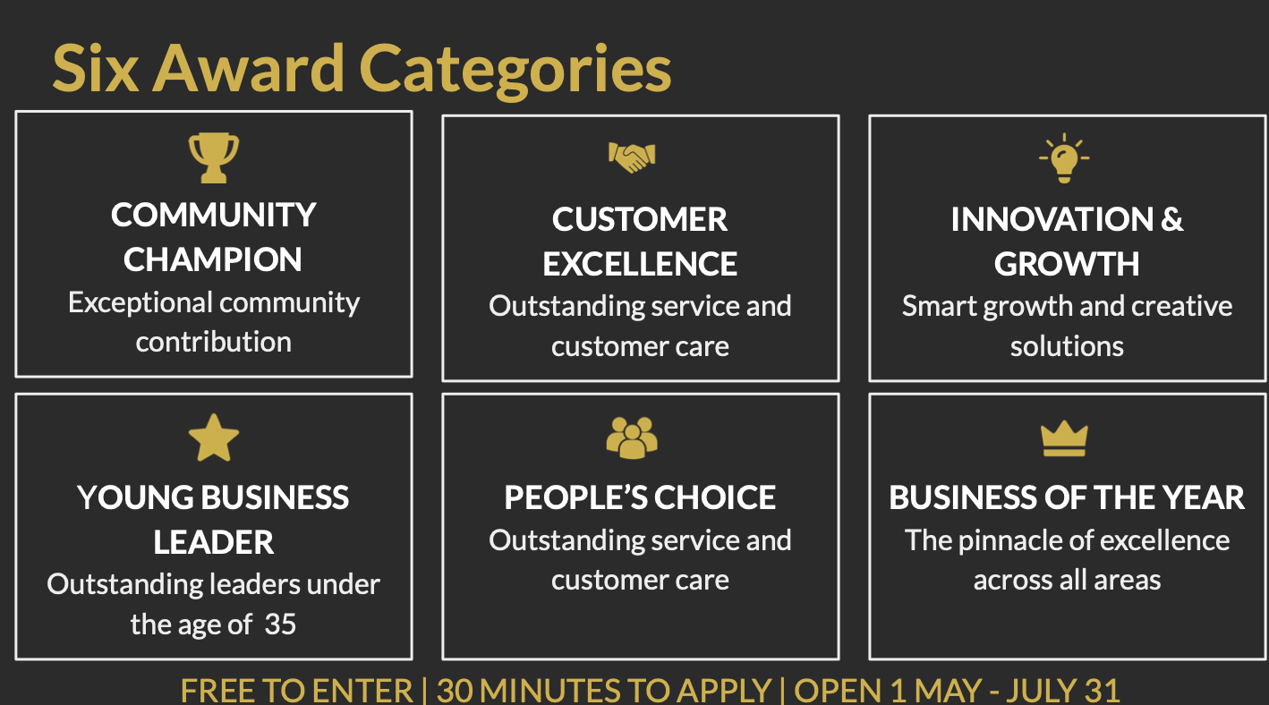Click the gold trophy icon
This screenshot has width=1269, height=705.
tap(214, 158)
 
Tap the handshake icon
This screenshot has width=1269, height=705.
tap(632, 157)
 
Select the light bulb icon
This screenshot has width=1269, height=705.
tap(1064, 158)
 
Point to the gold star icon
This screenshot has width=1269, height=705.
tap(214, 437)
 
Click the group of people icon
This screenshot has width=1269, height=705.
tap(632, 437)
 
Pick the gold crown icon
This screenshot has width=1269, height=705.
tap(1064, 438)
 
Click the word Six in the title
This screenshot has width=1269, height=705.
tap(96, 69)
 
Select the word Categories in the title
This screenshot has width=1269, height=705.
tap(515, 72)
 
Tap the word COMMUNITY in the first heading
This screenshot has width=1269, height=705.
tap(214, 216)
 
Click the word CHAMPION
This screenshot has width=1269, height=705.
tap(213, 260)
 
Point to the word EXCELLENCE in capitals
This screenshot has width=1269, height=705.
tap(640, 264)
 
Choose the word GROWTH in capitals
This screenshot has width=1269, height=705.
tap(1067, 264)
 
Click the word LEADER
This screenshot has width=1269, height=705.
tap(214, 542)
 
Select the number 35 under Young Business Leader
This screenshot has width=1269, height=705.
tap(280, 624)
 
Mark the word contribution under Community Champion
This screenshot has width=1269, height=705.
tap(214, 342)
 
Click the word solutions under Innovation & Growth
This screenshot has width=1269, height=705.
tap(1067, 346)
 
